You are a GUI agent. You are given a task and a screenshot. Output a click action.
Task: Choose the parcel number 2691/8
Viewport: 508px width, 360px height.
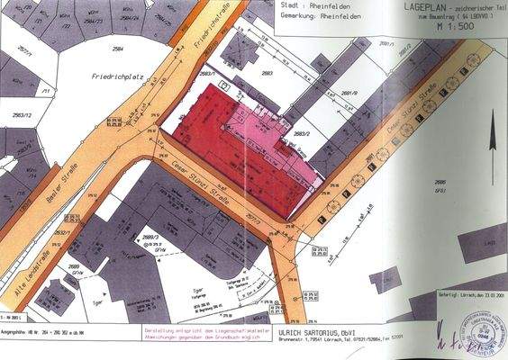(349, 93)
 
